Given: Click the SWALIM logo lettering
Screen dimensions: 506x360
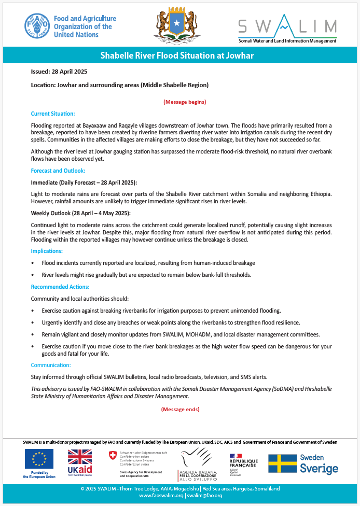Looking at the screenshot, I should coord(287,26).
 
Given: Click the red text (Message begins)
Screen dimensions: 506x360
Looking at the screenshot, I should coord(185,102).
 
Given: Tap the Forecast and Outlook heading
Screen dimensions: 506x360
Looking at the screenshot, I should coord(58,171).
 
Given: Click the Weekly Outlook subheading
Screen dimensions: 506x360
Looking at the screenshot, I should coord(81,214).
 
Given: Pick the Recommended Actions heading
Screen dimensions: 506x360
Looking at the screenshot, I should coord(60,287).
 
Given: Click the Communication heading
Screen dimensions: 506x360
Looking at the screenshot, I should coord(51,365).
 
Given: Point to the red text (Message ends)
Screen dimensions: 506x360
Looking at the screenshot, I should coord(180,409).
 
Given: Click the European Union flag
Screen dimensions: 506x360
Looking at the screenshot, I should coord(39,459).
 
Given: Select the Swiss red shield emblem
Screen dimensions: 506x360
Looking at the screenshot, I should coord(113,455).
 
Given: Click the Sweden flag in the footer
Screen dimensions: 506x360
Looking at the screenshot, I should coord(282,463).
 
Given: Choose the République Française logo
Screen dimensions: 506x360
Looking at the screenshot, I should coord(243,461).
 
